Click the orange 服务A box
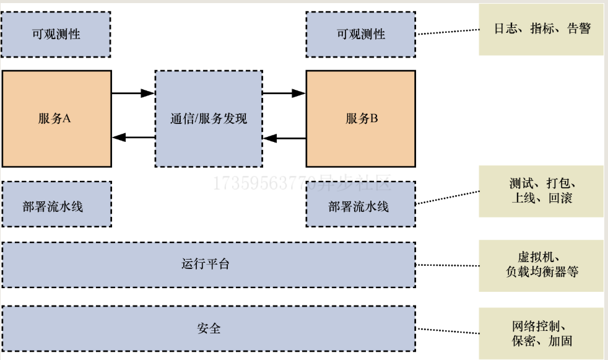[56, 118]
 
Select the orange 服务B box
[361, 118]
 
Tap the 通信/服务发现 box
[208, 118]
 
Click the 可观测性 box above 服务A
[56, 34]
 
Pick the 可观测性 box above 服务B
[361, 34]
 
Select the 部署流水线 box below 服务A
[56, 204]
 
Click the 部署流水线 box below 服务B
[361, 204]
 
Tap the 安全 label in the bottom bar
[208, 328]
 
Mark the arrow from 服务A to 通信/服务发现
[133, 94]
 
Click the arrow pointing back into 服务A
[133, 138]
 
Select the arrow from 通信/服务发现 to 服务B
[284, 94]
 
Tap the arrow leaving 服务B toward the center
[284, 138]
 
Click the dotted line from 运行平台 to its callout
[447, 265]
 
